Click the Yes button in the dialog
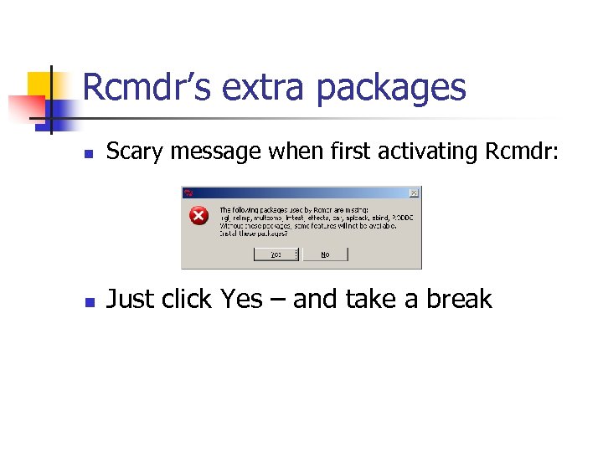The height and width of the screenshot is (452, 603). click(x=276, y=254)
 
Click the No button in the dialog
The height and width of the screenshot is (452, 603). click(x=325, y=254)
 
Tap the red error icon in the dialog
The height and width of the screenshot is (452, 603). click(x=198, y=216)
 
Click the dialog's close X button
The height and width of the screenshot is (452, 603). click(x=414, y=193)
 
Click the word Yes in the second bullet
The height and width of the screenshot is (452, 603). click(x=241, y=300)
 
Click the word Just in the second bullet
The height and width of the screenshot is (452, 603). click(x=130, y=300)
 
